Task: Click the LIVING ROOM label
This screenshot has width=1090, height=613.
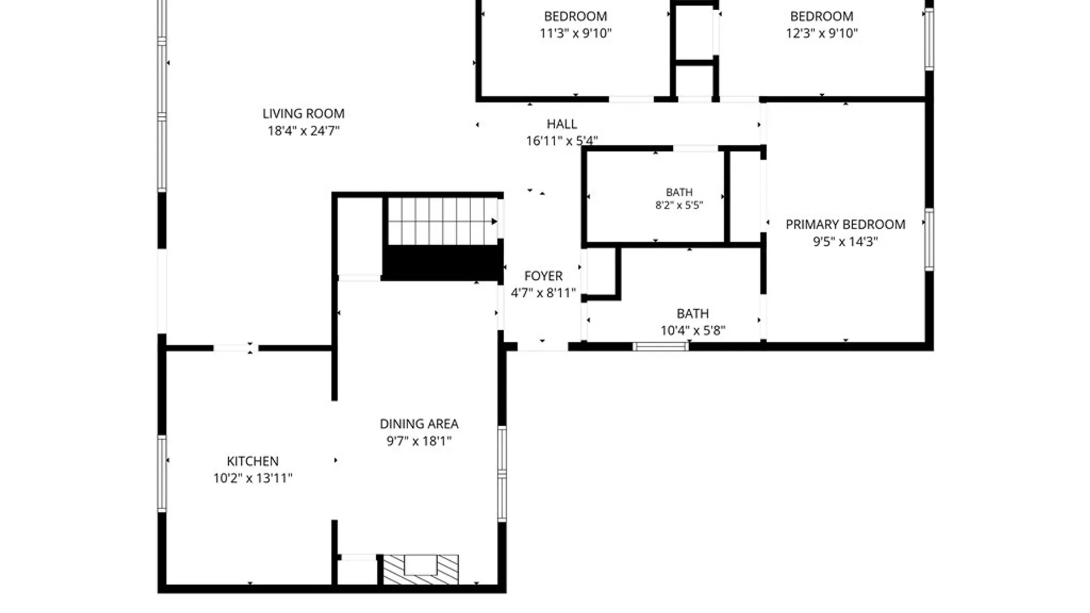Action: click(303, 114)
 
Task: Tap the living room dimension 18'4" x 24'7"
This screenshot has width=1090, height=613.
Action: click(303, 131)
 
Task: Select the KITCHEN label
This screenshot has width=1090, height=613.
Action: click(253, 461)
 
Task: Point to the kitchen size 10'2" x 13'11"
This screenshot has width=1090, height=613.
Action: click(253, 478)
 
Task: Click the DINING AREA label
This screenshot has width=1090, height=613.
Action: click(419, 424)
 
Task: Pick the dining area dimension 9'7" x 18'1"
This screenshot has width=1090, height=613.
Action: click(419, 441)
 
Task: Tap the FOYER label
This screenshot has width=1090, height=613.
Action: click(543, 276)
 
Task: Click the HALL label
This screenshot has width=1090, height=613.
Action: click(561, 124)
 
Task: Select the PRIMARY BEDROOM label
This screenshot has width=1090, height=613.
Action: click(845, 224)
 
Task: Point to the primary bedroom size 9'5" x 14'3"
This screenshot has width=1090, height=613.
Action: click(845, 241)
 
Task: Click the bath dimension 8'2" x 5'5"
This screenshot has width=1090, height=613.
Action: click(679, 205)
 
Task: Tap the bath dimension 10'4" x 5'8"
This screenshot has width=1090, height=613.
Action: click(693, 330)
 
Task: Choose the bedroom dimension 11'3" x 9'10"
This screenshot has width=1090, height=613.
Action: click(576, 33)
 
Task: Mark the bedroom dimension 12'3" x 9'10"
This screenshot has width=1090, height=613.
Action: click(821, 33)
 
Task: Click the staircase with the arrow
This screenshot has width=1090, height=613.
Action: click(443, 221)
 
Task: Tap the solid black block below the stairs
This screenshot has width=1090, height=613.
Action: click(443, 263)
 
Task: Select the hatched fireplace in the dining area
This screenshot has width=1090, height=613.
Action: click(421, 569)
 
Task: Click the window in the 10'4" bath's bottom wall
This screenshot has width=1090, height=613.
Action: click(661, 346)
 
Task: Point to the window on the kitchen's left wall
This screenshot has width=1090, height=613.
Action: click(162, 473)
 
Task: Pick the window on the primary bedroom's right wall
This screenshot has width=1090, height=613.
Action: click(929, 240)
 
